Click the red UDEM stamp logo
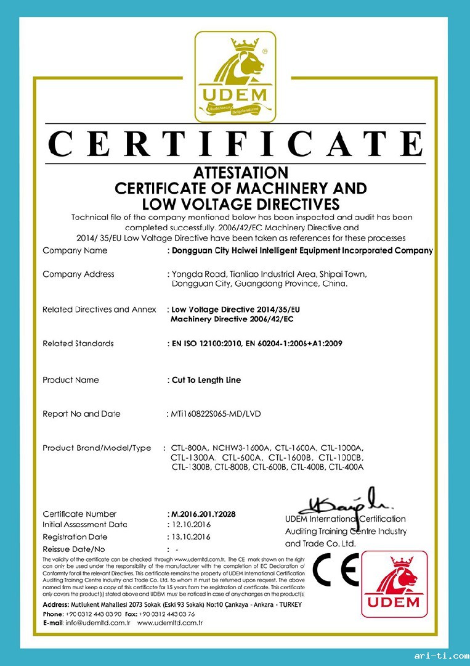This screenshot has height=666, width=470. [x=394, y=583]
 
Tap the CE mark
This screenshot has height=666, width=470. [x=335, y=570]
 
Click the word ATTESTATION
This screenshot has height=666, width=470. [x=240, y=172]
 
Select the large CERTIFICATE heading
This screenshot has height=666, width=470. [x=235, y=144]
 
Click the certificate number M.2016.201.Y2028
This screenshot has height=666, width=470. [x=201, y=514]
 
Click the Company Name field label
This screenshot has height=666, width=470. [x=75, y=250]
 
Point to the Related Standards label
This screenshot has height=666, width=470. [x=78, y=343]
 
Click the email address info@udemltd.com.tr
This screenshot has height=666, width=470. [x=95, y=623]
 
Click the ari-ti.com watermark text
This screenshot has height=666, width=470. [x=440, y=655]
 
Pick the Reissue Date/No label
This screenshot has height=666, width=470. [x=74, y=549]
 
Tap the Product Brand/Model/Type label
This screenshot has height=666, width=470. [x=96, y=448]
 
